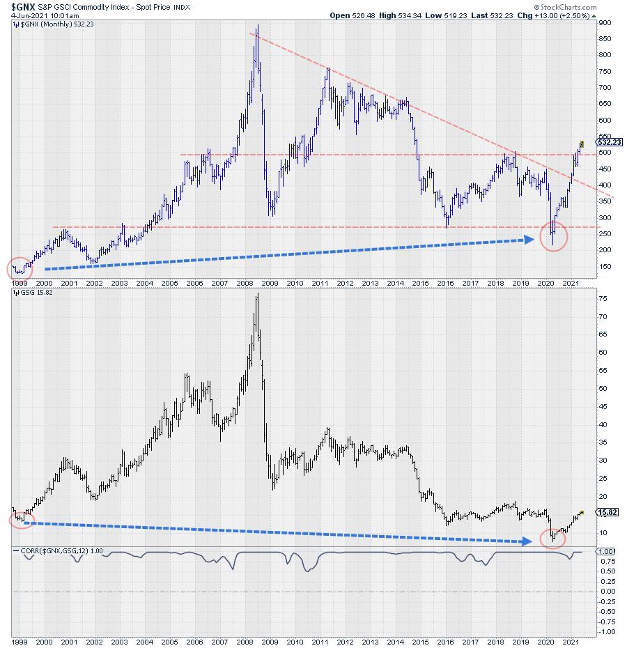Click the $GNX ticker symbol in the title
click(x=25, y=6)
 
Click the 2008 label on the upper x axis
click(x=245, y=284)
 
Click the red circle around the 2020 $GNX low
click(x=552, y=237)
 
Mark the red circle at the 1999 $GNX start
click(x=20, y=268)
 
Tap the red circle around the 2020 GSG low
click(x=552, y=537)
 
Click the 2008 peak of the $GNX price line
click(x=258, y=26)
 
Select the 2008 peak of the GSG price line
click(x=258, y=294)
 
